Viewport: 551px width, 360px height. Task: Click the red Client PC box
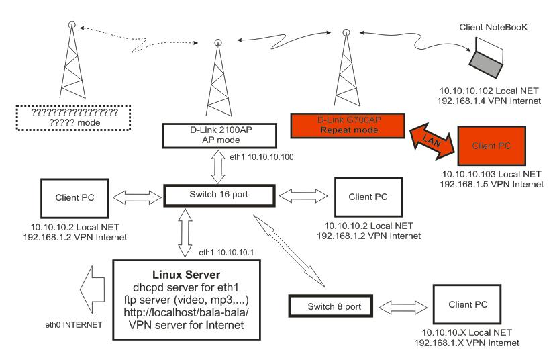pos(489,145)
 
